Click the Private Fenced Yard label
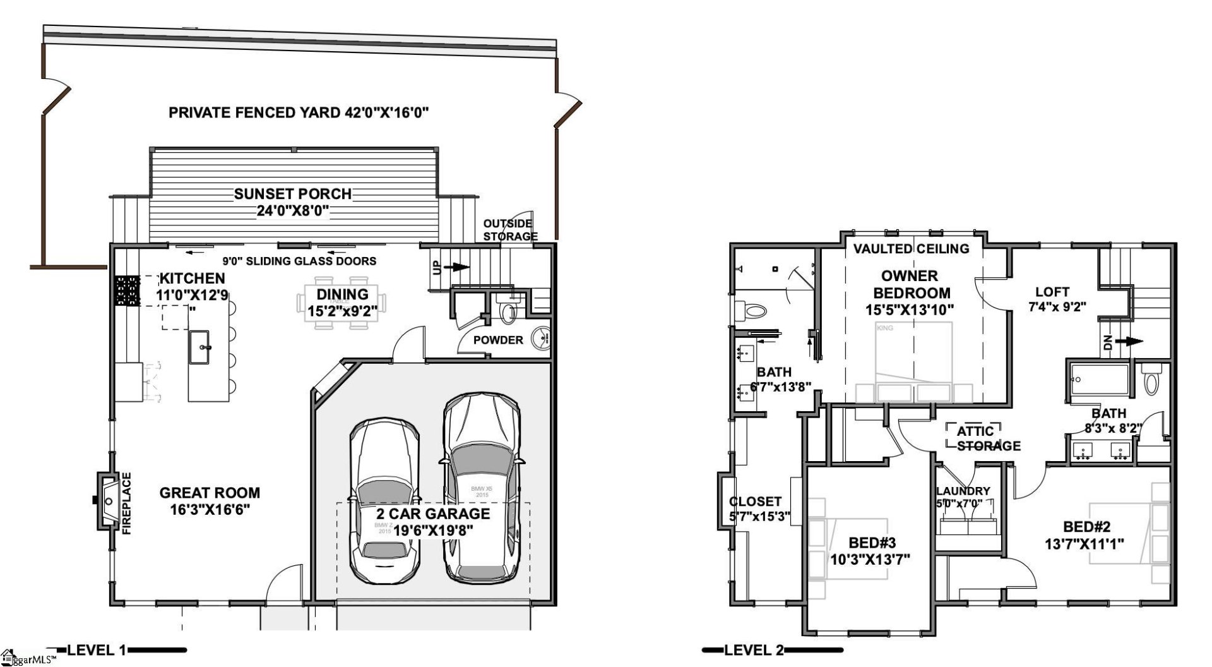[299, 113]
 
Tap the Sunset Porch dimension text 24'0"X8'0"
[292, 210]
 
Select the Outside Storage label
[510, 230]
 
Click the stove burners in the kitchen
[126, 291]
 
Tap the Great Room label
[210, 493]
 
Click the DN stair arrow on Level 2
[1127, 342]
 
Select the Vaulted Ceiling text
[911, 249]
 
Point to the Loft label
[1052, 292]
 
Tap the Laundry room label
[963, 491]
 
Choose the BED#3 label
[872, 543]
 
